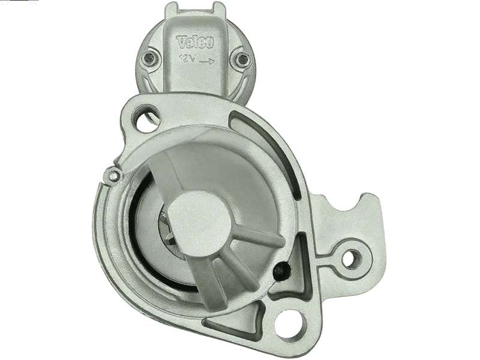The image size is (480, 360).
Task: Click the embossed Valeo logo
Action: [194, 42]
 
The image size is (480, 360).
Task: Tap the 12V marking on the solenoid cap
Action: [188, 58]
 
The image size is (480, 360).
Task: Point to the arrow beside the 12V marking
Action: [206, 62]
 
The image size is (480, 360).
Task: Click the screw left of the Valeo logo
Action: [151, 58]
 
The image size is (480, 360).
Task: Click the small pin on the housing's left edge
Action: [114, 175]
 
